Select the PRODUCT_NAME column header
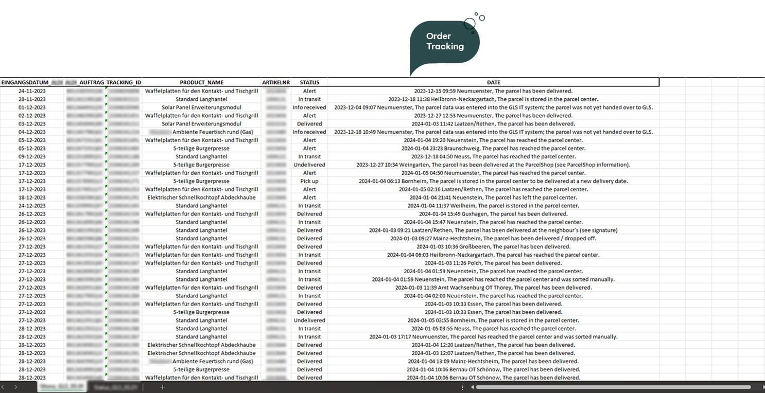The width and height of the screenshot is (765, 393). (201, 82)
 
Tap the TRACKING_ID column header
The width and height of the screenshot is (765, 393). (124, 82)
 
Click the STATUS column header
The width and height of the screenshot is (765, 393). (309, 82)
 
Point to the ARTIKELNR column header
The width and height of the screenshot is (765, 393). (276, 82)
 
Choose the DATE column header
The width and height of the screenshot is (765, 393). (493, 82)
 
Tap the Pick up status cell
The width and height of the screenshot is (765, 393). (309, 181)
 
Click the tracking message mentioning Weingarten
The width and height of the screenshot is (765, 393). (493, 165)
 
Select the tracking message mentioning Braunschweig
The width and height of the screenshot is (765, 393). (493, 148)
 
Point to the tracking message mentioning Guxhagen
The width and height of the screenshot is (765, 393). (493, 214)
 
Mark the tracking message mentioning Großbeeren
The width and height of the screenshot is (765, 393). (493, 247)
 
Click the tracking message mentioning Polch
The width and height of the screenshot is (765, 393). (493, 263)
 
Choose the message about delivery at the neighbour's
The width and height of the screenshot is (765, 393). (493, 230)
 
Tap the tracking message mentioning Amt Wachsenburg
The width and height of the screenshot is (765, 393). (493, 288)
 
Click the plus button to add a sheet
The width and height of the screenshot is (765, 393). (162, 387)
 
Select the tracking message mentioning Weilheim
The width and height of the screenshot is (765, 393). (493, 206)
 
